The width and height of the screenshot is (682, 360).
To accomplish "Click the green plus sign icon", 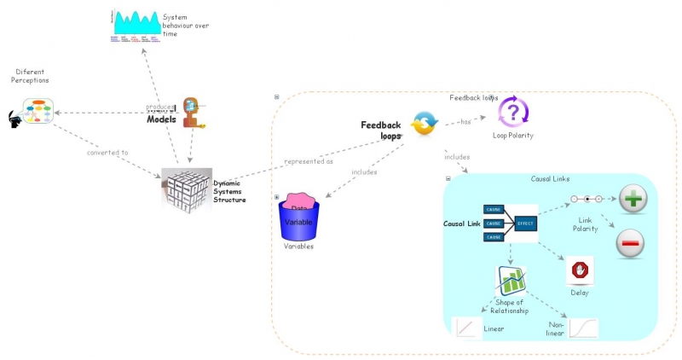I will point(633,199).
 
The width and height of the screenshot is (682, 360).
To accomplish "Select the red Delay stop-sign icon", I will point(581,270).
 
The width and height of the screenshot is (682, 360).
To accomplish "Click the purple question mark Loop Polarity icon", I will point(514,112).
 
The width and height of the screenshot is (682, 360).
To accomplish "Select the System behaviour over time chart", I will point(136,23).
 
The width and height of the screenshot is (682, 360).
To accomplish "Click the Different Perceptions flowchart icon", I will point(38,110).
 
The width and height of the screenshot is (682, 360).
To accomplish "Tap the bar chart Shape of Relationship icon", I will point(511,281).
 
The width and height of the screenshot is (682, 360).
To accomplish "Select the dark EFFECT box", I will point(524,223).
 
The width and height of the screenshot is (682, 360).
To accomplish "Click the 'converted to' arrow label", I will point(107,153).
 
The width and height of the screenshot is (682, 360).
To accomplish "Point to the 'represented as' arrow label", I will point(309,160).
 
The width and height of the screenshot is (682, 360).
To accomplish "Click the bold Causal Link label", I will point(461,224).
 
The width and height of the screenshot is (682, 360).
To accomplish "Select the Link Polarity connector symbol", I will point(587,200).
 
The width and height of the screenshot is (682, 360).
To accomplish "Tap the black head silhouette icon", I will point(14,119).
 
